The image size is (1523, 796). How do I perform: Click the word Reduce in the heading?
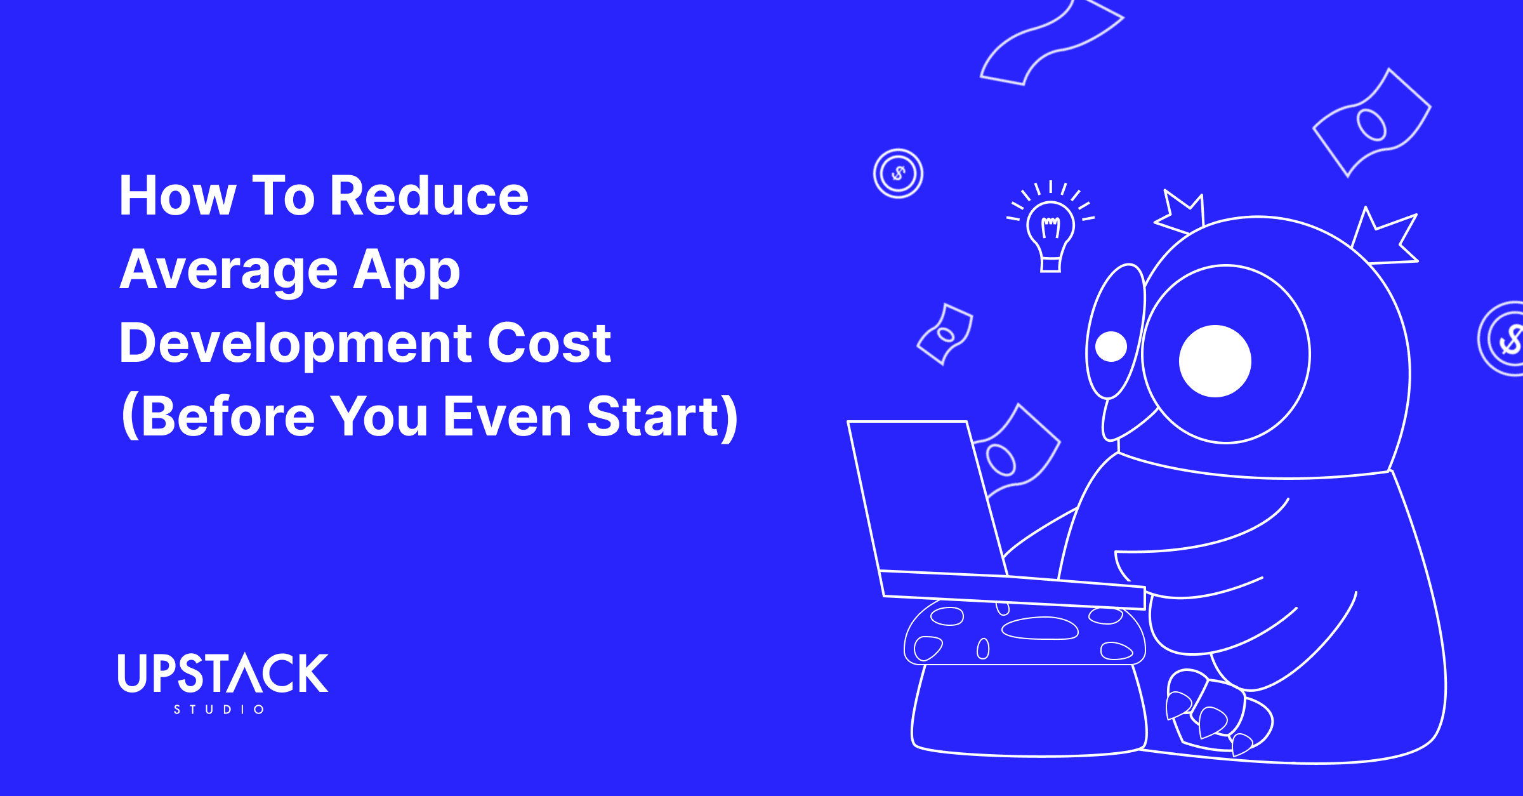point(430,196)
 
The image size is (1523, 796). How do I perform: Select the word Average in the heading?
point(228,270)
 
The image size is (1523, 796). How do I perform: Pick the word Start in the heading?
point(654,417)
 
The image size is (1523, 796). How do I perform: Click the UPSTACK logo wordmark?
point(223,673)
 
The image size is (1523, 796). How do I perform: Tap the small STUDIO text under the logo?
point(219,710)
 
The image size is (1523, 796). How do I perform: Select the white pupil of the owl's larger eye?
point(1215,361)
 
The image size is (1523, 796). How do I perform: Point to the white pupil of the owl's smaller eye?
point(1111,347)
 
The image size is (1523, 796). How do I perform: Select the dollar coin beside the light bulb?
point(898,173)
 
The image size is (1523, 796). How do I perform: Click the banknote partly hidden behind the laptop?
point(1015,451)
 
